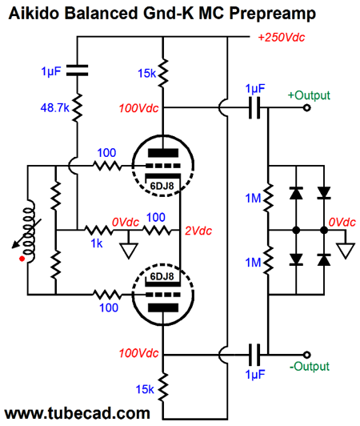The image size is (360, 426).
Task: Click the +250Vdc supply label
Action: [282, 38]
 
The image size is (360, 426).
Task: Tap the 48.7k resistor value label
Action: [55, 108]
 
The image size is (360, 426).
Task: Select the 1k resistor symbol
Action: [98, 231]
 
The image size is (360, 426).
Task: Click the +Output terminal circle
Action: [306, 108]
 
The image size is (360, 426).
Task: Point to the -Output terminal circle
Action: [306, 355]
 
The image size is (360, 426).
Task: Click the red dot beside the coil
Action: [22, 259]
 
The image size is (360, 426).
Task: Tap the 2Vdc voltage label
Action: [198, 231]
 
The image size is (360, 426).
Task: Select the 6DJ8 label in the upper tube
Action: [162, 186]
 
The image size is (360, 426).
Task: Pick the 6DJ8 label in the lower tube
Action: [162, 276]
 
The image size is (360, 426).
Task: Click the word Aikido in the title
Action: [34, 13]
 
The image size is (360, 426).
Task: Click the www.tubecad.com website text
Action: [78, 413]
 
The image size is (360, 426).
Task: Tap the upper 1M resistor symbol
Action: [268, 198]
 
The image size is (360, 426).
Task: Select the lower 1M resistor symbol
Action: [268, 261]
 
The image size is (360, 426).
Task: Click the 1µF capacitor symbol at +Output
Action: [254, 108]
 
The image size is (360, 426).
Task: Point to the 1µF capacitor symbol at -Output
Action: [254, 355]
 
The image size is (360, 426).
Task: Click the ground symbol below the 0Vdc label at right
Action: [346, 251]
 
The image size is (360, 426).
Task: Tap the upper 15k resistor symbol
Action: [163, 73]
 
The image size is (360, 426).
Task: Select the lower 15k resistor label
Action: [145, 389]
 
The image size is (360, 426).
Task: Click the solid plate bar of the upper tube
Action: [163, 153]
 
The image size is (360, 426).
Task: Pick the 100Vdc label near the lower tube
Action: [138, 353]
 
